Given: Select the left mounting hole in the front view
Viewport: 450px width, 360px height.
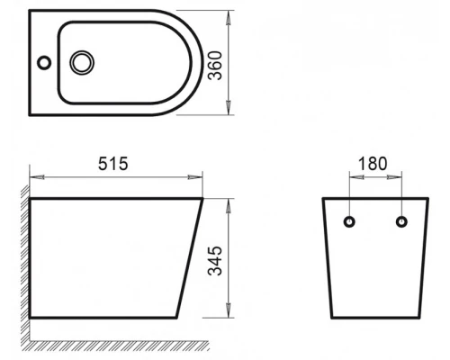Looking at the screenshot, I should point(350,220).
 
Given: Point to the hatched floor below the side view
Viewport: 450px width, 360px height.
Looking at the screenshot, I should point(117,344).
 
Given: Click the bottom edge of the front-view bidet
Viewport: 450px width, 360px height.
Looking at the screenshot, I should point(374,319).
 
